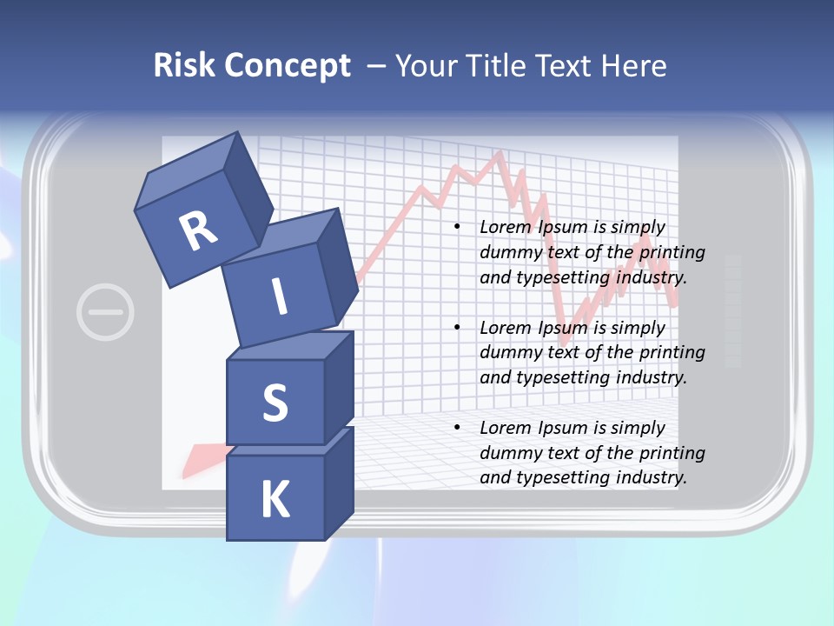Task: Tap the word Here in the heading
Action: [635, 66]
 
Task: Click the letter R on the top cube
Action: [198, 230]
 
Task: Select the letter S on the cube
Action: [275, 403]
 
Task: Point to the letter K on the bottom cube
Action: [275, 500]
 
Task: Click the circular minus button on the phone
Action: [105, 311]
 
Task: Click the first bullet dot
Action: [457, 227]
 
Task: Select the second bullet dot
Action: [457, 328]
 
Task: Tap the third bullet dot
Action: [457, 428]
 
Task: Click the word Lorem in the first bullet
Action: [506, 227]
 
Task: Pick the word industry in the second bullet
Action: [651, 377]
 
